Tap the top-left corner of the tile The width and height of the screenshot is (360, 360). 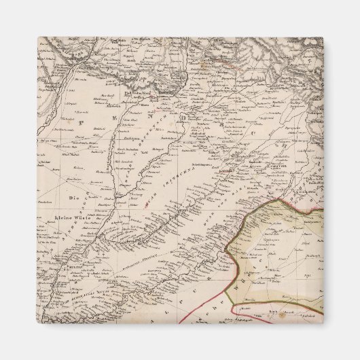point(38,37)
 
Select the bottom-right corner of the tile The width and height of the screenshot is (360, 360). point(323,323)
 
